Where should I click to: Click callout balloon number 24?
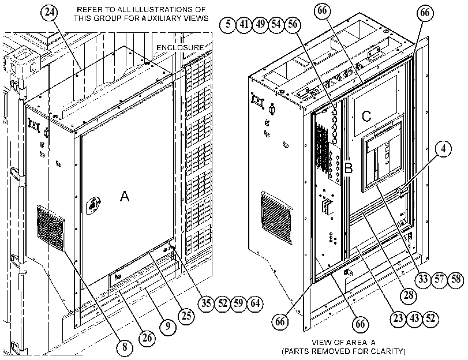(x=49, y=12)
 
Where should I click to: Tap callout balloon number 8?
(x=125, y=347)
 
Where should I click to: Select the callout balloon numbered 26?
(x=147, y=338)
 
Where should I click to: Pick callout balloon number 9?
(x=168, y=326)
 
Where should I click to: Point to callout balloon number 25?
(x=186, y=316)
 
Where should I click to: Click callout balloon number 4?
(x=443, y=148)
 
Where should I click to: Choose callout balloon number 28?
(x=408, y=295)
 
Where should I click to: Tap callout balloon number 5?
(x=228, y=24)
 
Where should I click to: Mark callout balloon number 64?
(x=255, y=303)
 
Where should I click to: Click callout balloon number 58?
(x=456, y=279)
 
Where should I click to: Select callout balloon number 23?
(x=398, y=318)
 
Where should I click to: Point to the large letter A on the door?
(x=125, y=196)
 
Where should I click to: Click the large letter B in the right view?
(x=349, y=168)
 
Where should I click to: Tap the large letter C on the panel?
(x=366, y=116)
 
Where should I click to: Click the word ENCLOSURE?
(x=180, y=48)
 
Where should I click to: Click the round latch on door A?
(x=93, y=205)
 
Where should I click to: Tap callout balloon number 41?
(x=244, y=24)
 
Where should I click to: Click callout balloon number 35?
(x=206, y=303)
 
